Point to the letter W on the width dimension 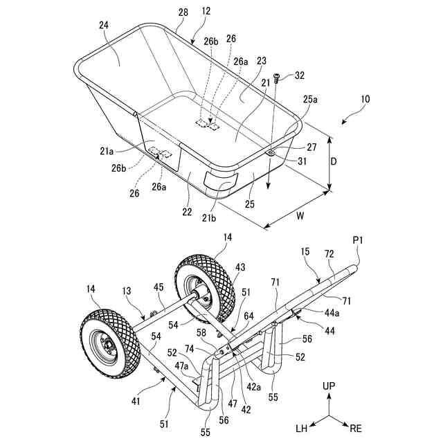tap(300, 215)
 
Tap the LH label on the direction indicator tap(302, 428)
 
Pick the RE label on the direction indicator tap(355, 428)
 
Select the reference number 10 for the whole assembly tap(364, 99)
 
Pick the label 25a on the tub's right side tap(309, 99)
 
